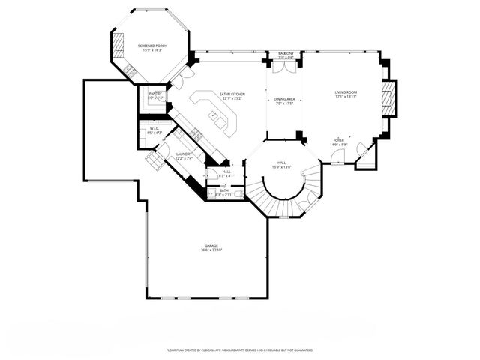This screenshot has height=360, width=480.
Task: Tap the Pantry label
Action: (x=155, y=94)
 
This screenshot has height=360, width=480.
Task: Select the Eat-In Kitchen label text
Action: (x=232, y=94)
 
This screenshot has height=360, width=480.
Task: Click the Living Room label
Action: (x=346, y=92)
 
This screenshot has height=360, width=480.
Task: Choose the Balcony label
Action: (x=286, y=54)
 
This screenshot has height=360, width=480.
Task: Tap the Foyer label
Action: (x=339, y=140)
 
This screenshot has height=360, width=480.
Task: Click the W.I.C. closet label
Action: (x=153, y=128)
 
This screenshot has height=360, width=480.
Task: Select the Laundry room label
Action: (x=184, y=154)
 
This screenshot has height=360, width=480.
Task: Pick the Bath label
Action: (x=223, y=190)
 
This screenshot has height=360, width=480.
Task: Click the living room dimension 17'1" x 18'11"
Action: (x=346, y=97)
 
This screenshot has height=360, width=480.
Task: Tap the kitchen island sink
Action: (x=213, y=116)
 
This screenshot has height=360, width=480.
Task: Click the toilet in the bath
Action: (x=238, y=194)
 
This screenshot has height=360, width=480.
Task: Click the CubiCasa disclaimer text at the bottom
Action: (x=239, y=350)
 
